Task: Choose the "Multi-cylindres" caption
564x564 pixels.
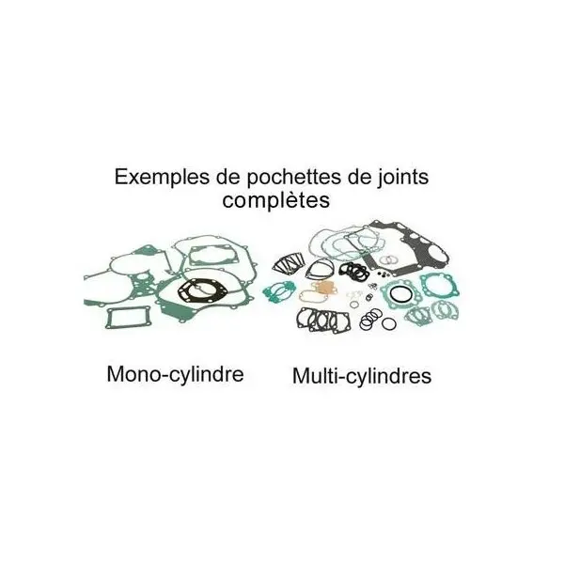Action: [x=361, y=376]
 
